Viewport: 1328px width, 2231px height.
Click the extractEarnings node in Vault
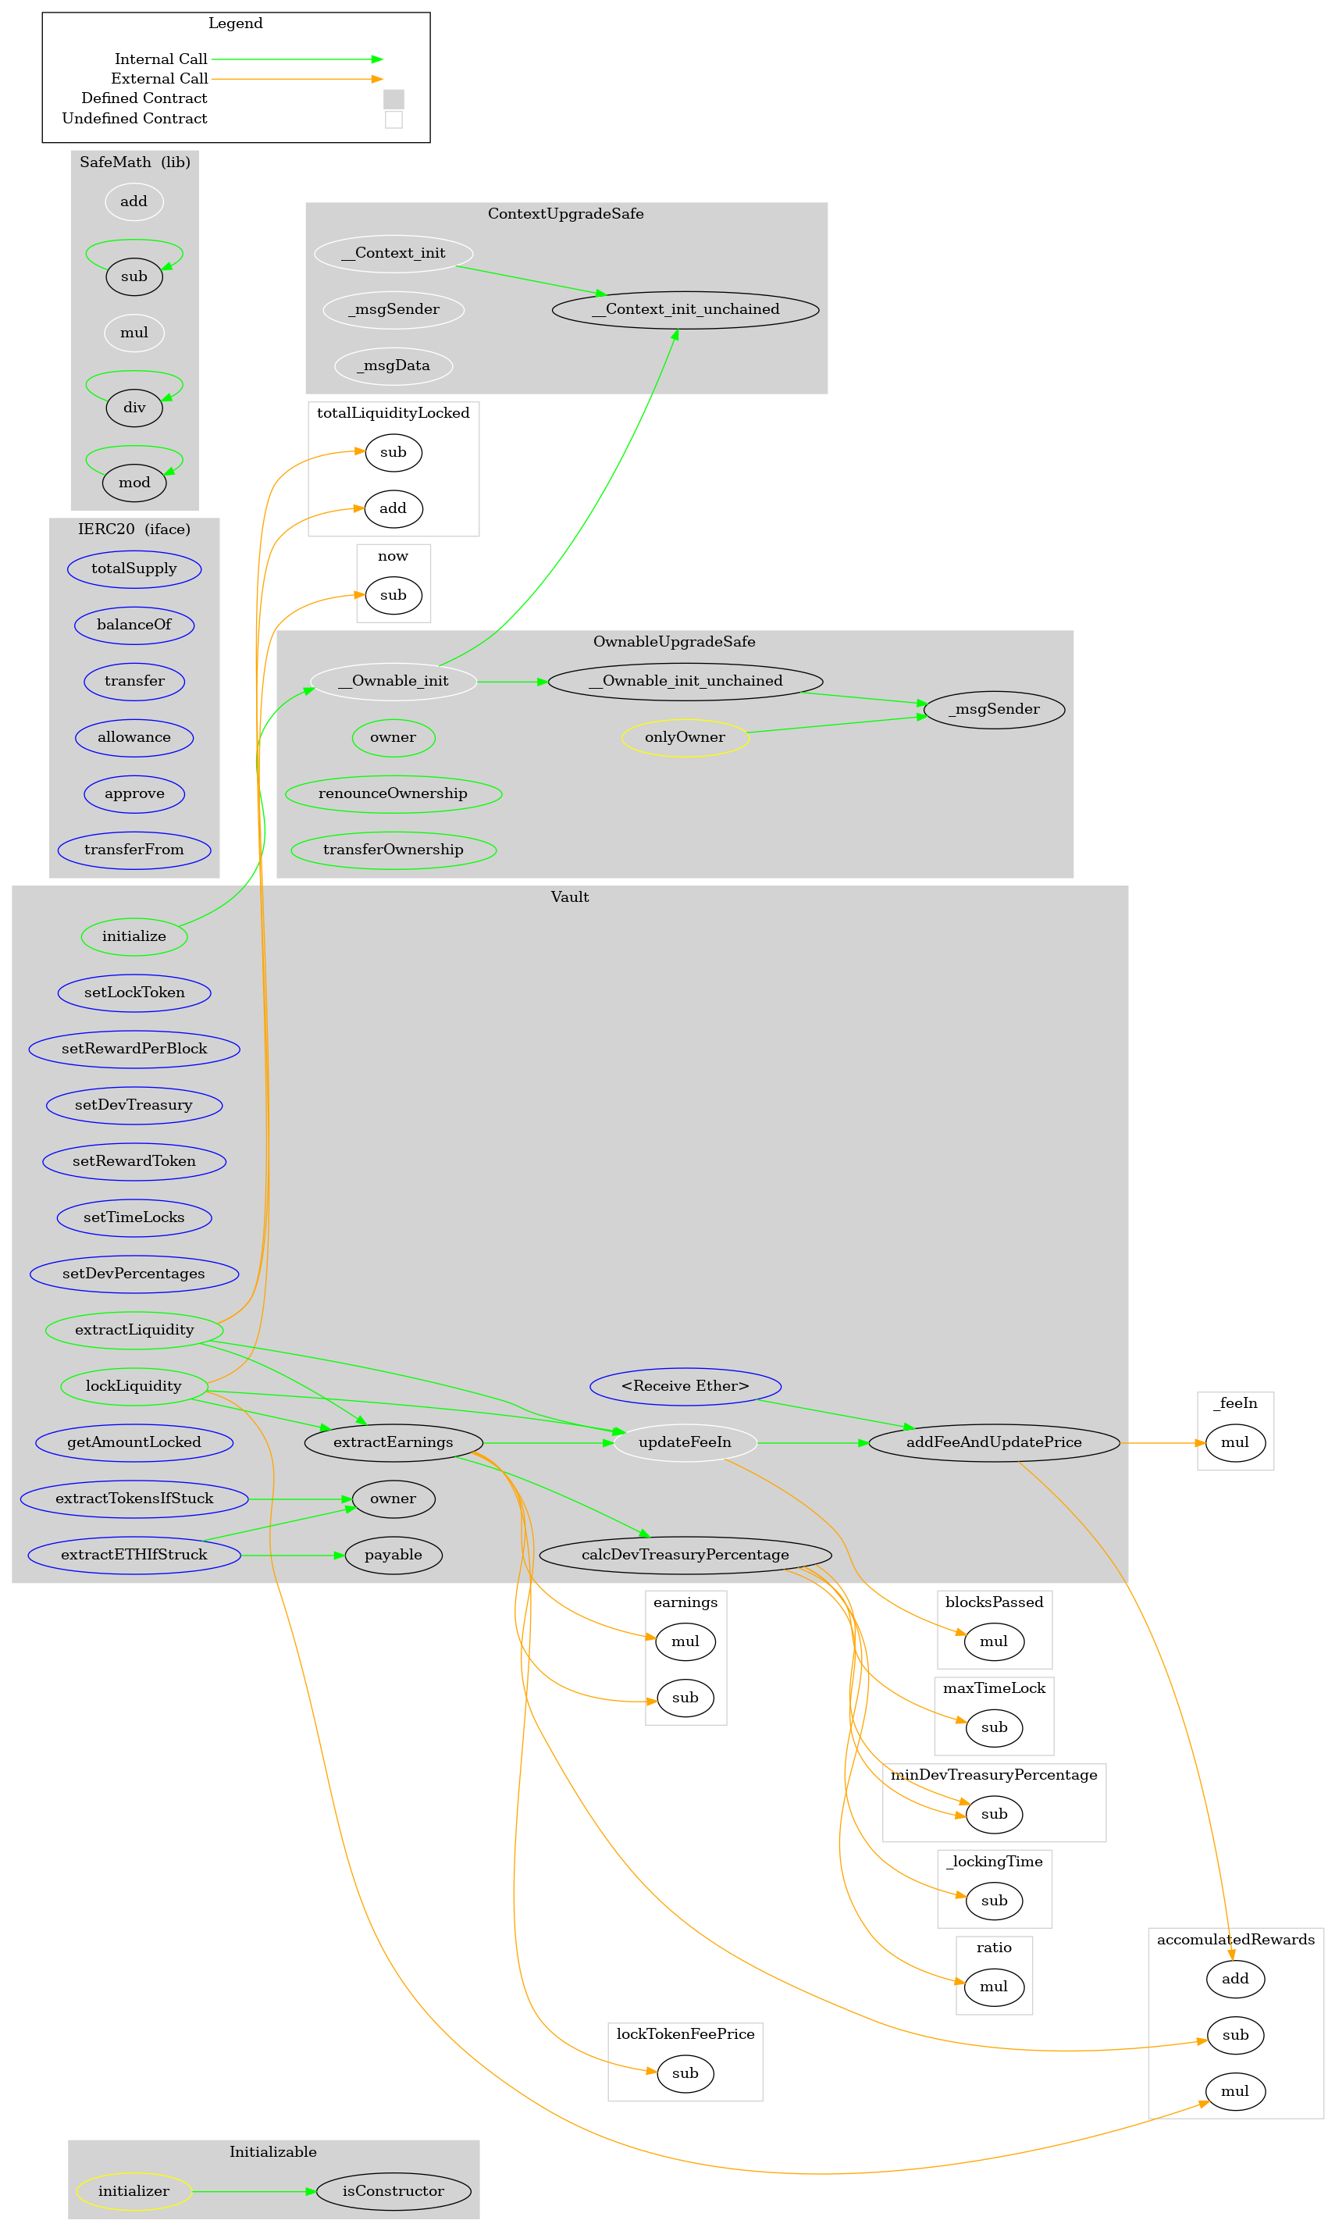click(393, 1442)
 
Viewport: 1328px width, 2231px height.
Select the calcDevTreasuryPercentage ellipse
click(685, 1555)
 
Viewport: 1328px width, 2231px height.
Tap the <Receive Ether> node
click(685, 1385)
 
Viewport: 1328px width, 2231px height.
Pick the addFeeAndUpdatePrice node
click(993, 1442)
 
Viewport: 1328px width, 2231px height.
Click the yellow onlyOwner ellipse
click(685, 737)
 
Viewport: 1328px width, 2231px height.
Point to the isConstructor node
click(393, 2190)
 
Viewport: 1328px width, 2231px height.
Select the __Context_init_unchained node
click(685, 310)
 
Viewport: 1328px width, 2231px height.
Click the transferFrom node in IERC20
click(134, 850)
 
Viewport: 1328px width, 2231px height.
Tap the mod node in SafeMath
click(134, 483)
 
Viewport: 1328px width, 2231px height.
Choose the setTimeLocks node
click(134, 1217)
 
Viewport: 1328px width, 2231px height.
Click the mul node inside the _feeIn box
click(1235, 1442)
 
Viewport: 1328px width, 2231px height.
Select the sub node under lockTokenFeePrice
click(685, 2072)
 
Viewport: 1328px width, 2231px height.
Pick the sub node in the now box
click(393, 595)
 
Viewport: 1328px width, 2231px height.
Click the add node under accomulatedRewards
click(1235, 1978)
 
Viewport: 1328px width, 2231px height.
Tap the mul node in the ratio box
click(993, 1986)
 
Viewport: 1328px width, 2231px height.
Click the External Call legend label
click(159, 79)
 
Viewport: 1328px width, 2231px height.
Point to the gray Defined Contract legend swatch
click(393, 98)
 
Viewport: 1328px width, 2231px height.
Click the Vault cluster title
click(569, 896)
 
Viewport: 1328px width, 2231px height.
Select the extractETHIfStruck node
click(134, 1555)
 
